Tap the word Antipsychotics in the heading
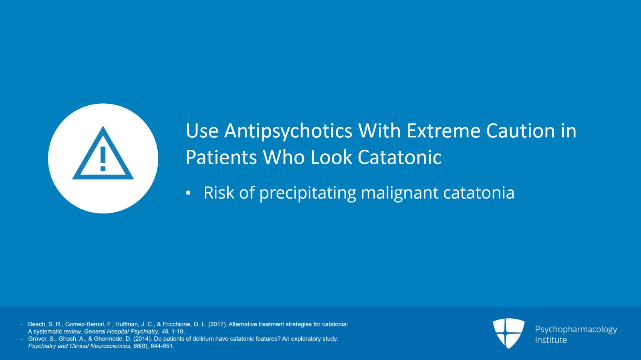click(288, 131)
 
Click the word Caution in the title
click(520, 131)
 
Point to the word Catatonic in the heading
click(399, 157)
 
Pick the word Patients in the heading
click(221, 157)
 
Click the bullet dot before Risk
click(188, 193)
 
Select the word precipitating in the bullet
click(308, 193)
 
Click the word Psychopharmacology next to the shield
click(576, 329)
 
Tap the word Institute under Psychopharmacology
click(551, 340)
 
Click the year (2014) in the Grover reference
click(142, 339)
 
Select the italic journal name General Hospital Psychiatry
click(121, 332)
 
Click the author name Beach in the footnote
click(37, 324)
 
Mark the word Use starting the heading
click(202, 131)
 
